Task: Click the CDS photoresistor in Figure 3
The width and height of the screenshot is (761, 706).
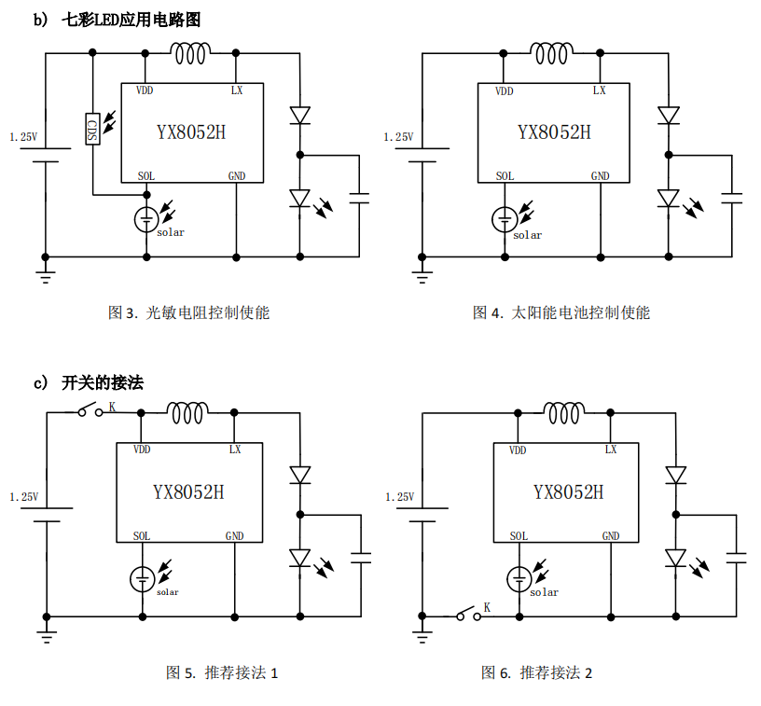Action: click(92, 129)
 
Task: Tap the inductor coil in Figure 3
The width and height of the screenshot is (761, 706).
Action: click(191, 54)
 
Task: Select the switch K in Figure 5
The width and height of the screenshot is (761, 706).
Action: click(92, 410)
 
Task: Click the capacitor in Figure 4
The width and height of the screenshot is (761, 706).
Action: click(733, 197)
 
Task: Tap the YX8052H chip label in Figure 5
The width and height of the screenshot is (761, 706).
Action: click(188, 491)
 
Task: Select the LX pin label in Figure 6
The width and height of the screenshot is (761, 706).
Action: click(611, 450)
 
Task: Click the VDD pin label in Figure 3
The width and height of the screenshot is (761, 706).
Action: click(145, 90)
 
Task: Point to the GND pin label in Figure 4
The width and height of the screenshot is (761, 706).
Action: click(600, 176)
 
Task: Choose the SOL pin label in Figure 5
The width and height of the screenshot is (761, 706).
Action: click(141, 536)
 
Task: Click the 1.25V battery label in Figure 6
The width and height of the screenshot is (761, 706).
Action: click(399, 497)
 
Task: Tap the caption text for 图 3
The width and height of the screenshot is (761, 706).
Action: click(189, 312)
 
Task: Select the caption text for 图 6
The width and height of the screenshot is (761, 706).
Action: click(536, 672)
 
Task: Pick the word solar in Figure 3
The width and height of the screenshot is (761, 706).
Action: click(171, 232)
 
